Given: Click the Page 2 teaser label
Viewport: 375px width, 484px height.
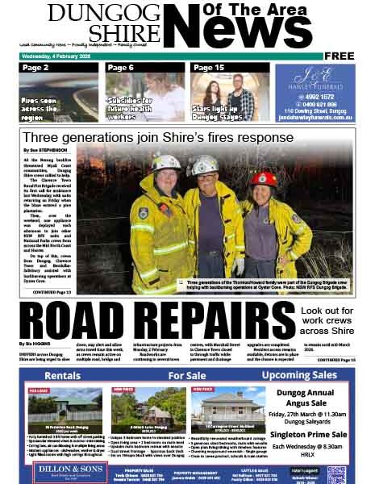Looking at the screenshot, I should pos(36,68).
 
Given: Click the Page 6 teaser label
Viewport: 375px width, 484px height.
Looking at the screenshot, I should pos(121,68).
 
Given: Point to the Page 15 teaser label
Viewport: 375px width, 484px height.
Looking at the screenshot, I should pos(209,68).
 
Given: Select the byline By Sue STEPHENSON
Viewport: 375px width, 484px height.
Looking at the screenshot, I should pos(47,151).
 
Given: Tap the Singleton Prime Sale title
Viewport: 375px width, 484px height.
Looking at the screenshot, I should pos(315,434).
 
